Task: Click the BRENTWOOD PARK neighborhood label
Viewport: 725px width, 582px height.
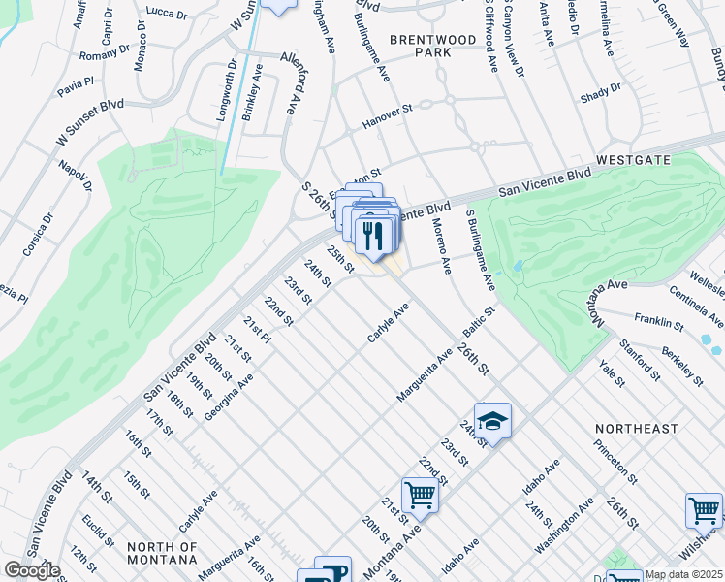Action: coord(421,46)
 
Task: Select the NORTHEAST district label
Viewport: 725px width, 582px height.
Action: coord(637,428)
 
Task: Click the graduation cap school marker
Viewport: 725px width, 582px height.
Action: coord(492,421)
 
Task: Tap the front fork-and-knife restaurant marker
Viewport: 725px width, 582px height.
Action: coord(372,236)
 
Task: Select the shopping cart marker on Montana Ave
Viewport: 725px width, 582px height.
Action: coord(420,495)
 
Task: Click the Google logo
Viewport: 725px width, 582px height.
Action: coord(32,570)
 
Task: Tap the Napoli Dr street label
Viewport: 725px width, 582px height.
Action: coord(72,178)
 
